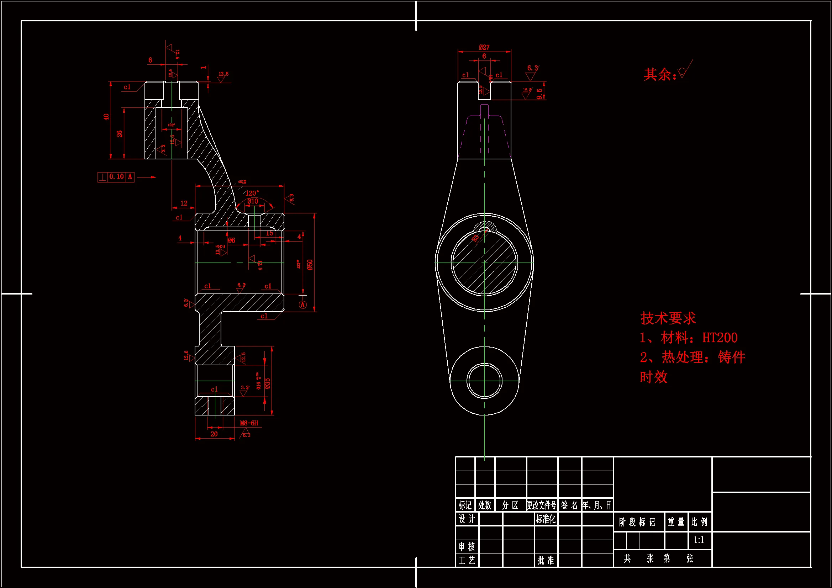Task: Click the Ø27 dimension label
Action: point(484,47)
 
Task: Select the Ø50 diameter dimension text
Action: point(310,265)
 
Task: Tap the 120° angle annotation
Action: point(252,193)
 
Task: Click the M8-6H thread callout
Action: point(249,423)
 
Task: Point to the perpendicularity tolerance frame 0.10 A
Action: point(116,177)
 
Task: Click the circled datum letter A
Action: point(302,305)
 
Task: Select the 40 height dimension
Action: point(106,117)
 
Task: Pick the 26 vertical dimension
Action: point(120,134)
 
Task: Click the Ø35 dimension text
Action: point(268,383)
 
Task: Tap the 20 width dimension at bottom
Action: point(214,434)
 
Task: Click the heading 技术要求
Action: point(668,318)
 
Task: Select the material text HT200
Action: point(720,338)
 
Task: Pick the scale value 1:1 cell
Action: point(699,540)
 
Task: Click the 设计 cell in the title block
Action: point(467,519)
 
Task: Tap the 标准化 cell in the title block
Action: point(546,519)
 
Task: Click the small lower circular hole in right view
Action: point(484,381)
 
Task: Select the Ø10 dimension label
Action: point(253,201)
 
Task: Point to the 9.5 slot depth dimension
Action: point(539,94)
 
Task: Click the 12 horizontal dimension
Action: point(184,203)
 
